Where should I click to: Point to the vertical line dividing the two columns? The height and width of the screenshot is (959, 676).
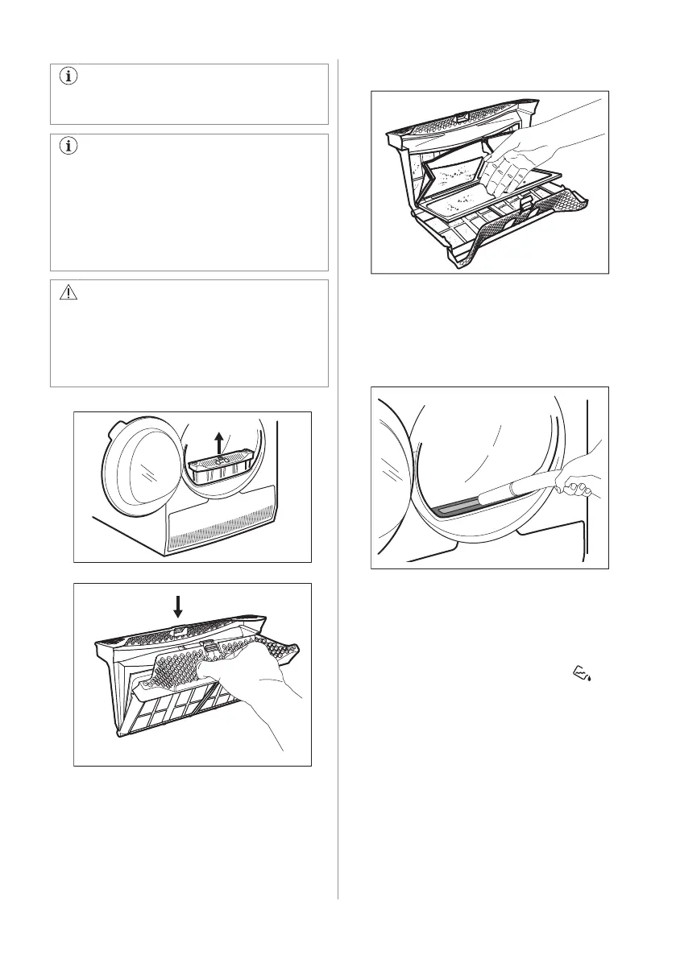pos(338,483)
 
